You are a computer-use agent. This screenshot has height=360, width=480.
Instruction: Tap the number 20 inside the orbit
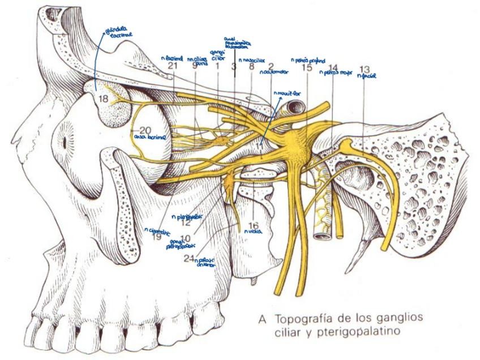pyautogui.click(x=145, y=128)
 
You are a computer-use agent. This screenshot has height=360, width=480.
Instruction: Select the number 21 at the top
pyautogui.click(x=173, y=67)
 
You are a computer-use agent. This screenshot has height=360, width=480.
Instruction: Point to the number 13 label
pyautogui.click(x=365, y=70)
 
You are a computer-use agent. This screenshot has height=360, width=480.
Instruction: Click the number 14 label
pyautogui.click(x=333, y=68)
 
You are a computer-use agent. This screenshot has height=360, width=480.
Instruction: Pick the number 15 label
pyautogui.click(x=307, y=67)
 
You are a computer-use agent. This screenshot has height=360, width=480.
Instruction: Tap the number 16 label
pyautogui.click(x=253, y=225)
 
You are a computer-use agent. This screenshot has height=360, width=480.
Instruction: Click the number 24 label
pyautogui.click(x=189, y=259)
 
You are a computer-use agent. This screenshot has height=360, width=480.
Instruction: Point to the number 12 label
pyautogui.click(x=185, y=222)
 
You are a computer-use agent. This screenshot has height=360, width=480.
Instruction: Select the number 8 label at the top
pyautogui.click(x=251, y=67)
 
